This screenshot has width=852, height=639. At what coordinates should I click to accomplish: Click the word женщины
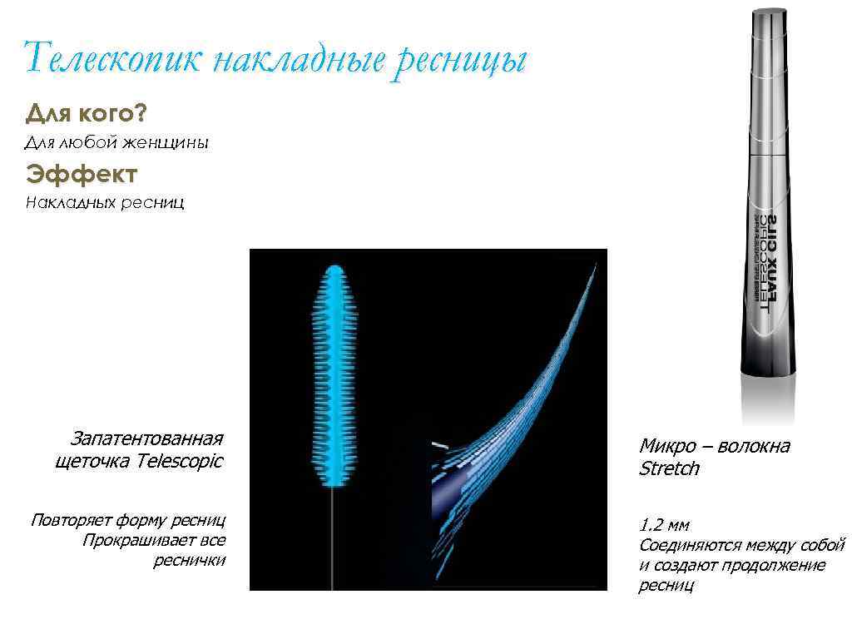click(166, 143)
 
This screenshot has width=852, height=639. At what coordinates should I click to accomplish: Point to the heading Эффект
click(81, 174)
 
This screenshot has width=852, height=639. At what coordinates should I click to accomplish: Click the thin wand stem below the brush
click(333, 532)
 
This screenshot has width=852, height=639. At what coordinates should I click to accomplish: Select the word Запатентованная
click(147, 438)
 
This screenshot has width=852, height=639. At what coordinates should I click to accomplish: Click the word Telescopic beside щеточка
click(181, 461)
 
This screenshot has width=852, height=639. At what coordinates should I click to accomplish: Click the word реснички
click(190, 561)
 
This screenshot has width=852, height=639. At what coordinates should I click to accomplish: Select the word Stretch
click(669, 469)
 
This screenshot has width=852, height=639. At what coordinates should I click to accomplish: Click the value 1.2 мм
click(664, 526)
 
